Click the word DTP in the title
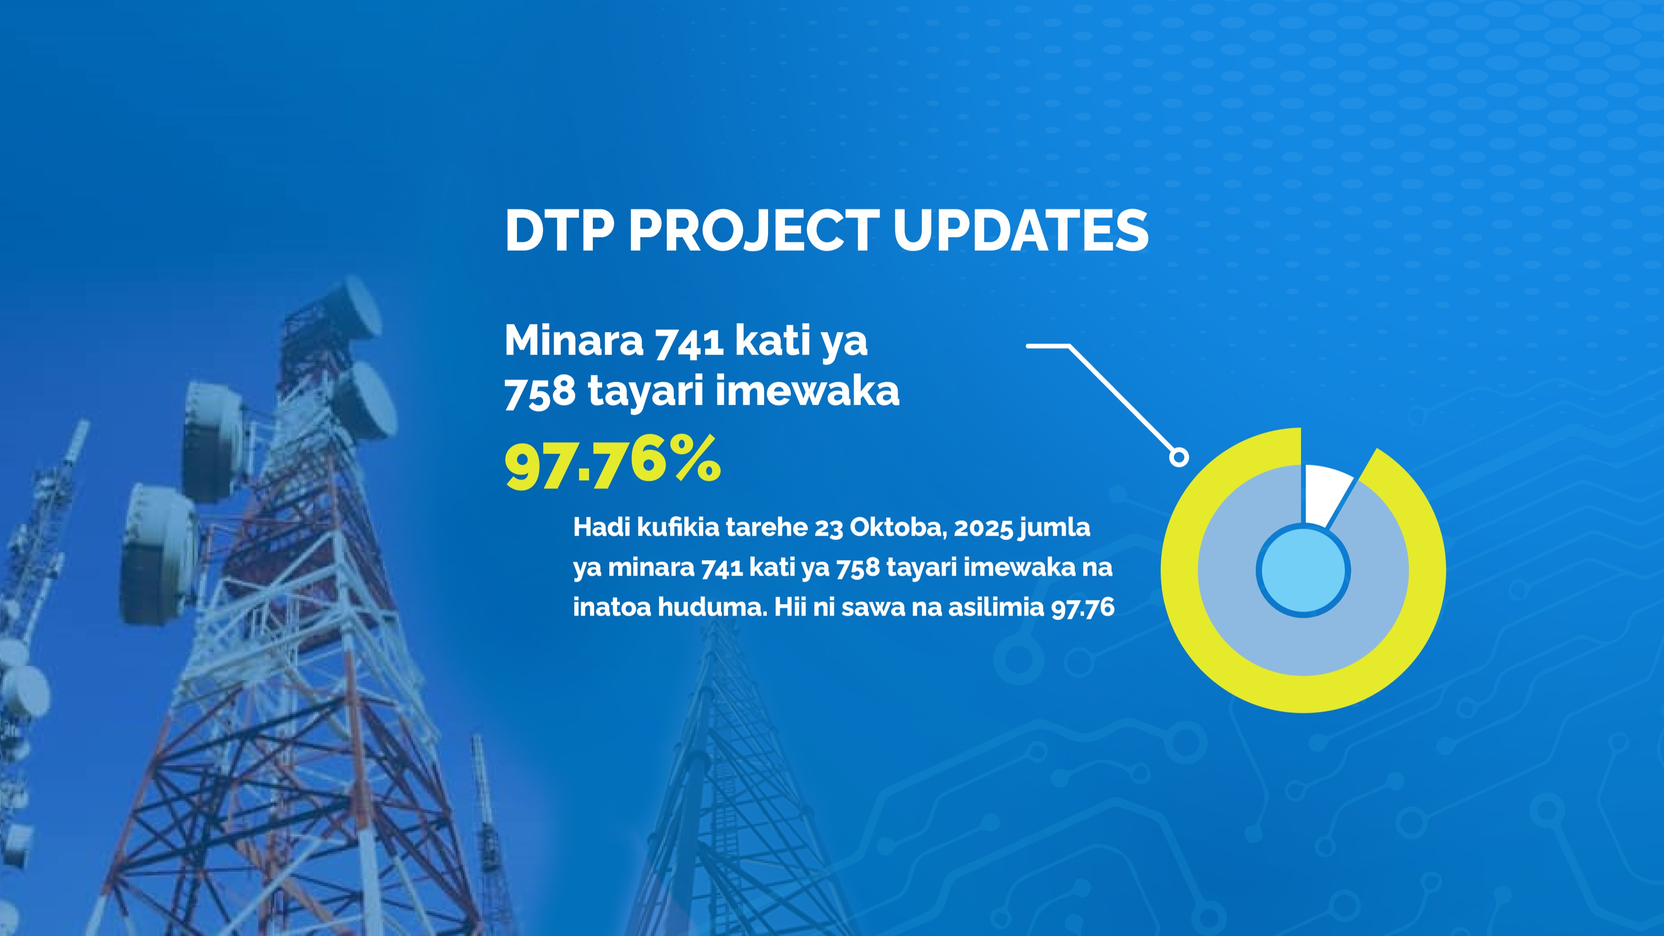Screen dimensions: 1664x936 559,231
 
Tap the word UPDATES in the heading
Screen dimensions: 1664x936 1021,231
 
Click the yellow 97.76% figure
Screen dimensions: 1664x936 612,462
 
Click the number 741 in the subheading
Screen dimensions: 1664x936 689,341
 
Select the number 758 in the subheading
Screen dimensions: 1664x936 540,391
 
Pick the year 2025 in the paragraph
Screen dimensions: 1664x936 983,528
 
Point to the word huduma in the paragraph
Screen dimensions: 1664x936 712,607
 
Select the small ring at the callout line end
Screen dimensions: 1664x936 1179,457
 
